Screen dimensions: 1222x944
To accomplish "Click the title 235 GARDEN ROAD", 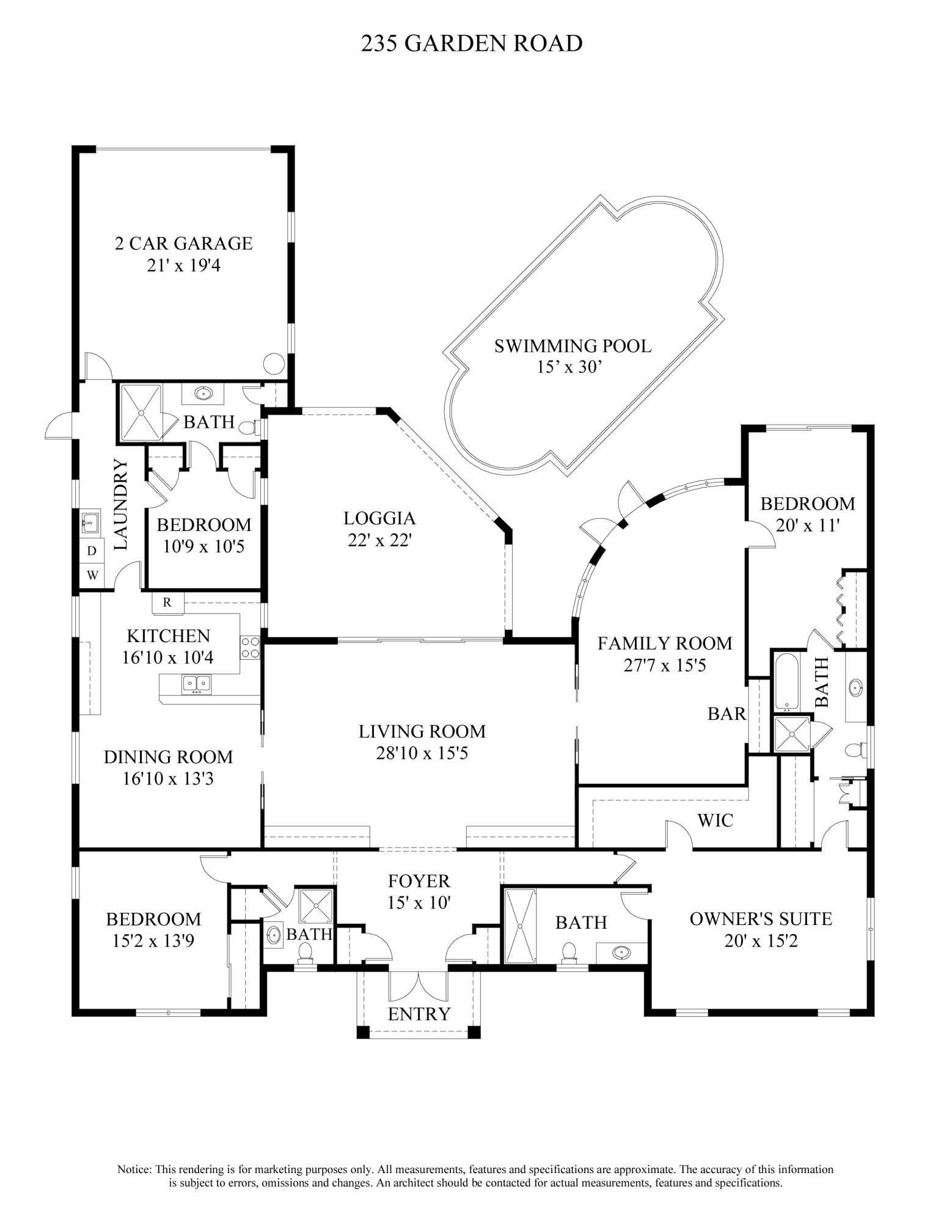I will pyautogui.click(x=471, y=43).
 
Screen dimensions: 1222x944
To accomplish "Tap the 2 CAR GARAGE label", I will pyautogui.click(x=183, y=243).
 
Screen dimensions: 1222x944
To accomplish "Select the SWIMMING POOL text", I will pyautogui.click(x=573, y=346).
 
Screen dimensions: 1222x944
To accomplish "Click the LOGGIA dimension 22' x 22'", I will pyautogui.click(x=379, y=541).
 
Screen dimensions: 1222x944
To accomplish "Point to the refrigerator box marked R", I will pyautogui.click(x=167, y=602).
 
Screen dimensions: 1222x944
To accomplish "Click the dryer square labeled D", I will pyautogui.click(x=92, y=551).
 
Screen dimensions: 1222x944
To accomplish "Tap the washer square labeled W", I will pyautogui.click(x=92, y=575).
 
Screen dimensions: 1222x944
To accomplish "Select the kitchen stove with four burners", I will pyautogui.click(x=249, y=647).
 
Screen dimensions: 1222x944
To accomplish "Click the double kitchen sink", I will pyautogui.click(x=196, y=684).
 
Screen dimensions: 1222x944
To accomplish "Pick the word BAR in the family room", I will pyautogui.click(x=726, y=714).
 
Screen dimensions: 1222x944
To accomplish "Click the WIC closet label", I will pyautogui.click(x=715, y=820).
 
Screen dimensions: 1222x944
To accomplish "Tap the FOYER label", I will pyautogui.click(x=419, y=880).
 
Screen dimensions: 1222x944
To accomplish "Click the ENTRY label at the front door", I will pyautogui.click(x=419, y=1014).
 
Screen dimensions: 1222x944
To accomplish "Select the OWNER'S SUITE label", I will pyautogui.click(x=761, y=918).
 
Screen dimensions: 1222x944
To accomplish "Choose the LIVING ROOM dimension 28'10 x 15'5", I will pyautogui.click(x=422, y=753).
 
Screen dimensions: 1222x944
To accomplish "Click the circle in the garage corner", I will pyautogui.click(x=274, y=364).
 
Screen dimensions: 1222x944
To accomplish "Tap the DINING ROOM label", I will pyautogui.click(x=168, y=757).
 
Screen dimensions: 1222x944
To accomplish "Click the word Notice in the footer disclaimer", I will pyautogui.click(x=134, y=1169).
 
